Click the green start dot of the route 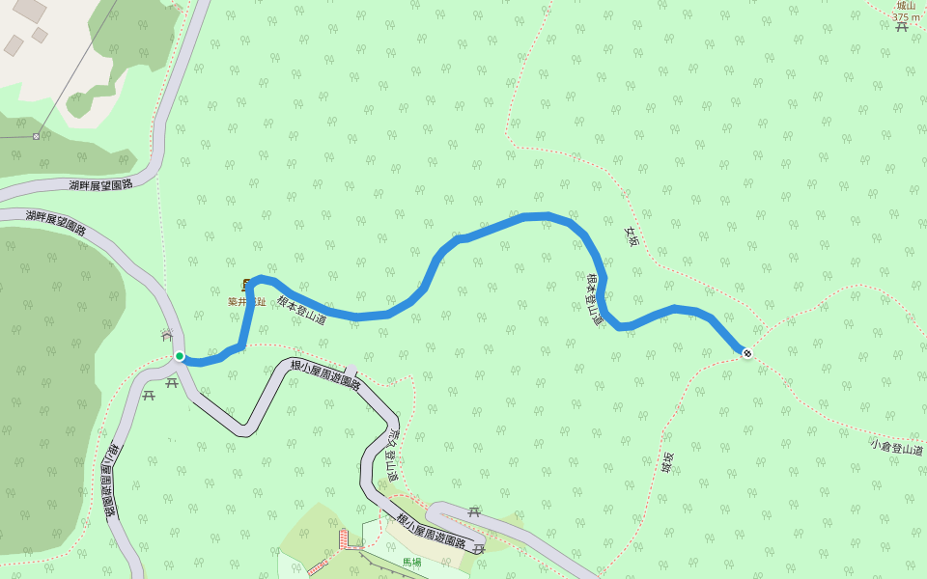coord(180,356)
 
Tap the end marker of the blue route coord(746,352)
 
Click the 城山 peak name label coord(905,6)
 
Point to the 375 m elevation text coord(906,17)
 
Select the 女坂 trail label coord(632,235)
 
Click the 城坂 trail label coord(666,463)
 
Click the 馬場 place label coord(412,562)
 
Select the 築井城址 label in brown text coord(246,302)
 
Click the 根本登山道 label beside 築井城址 coord(301,309)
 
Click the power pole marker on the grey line coord(36,136)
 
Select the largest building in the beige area coord(29,10)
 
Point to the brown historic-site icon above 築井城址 coord(246,285)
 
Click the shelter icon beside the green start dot coord(167,335)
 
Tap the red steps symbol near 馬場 coord(343,538)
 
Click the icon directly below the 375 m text coord(902,28)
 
